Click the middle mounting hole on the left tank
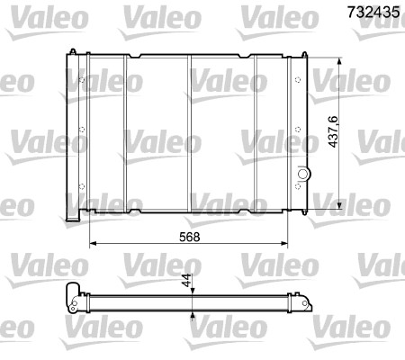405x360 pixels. coord(83,139)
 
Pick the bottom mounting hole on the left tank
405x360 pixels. coord(83,186)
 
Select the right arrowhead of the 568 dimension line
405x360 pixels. coord(288,243)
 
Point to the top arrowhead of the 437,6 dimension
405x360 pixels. coord(337,61)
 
